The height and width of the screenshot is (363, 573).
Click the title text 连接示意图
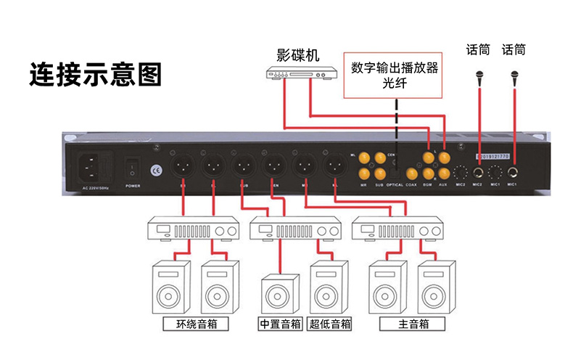[x=95, y=75]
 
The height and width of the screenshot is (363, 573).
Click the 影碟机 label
[x=297, y=55]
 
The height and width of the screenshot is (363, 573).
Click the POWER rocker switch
[x=132, y=168]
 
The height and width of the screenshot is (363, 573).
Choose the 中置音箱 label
[x=280, y=324]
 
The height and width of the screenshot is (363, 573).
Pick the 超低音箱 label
[x=329, y=324]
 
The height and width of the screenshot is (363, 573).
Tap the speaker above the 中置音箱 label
[x=280, y=295]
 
